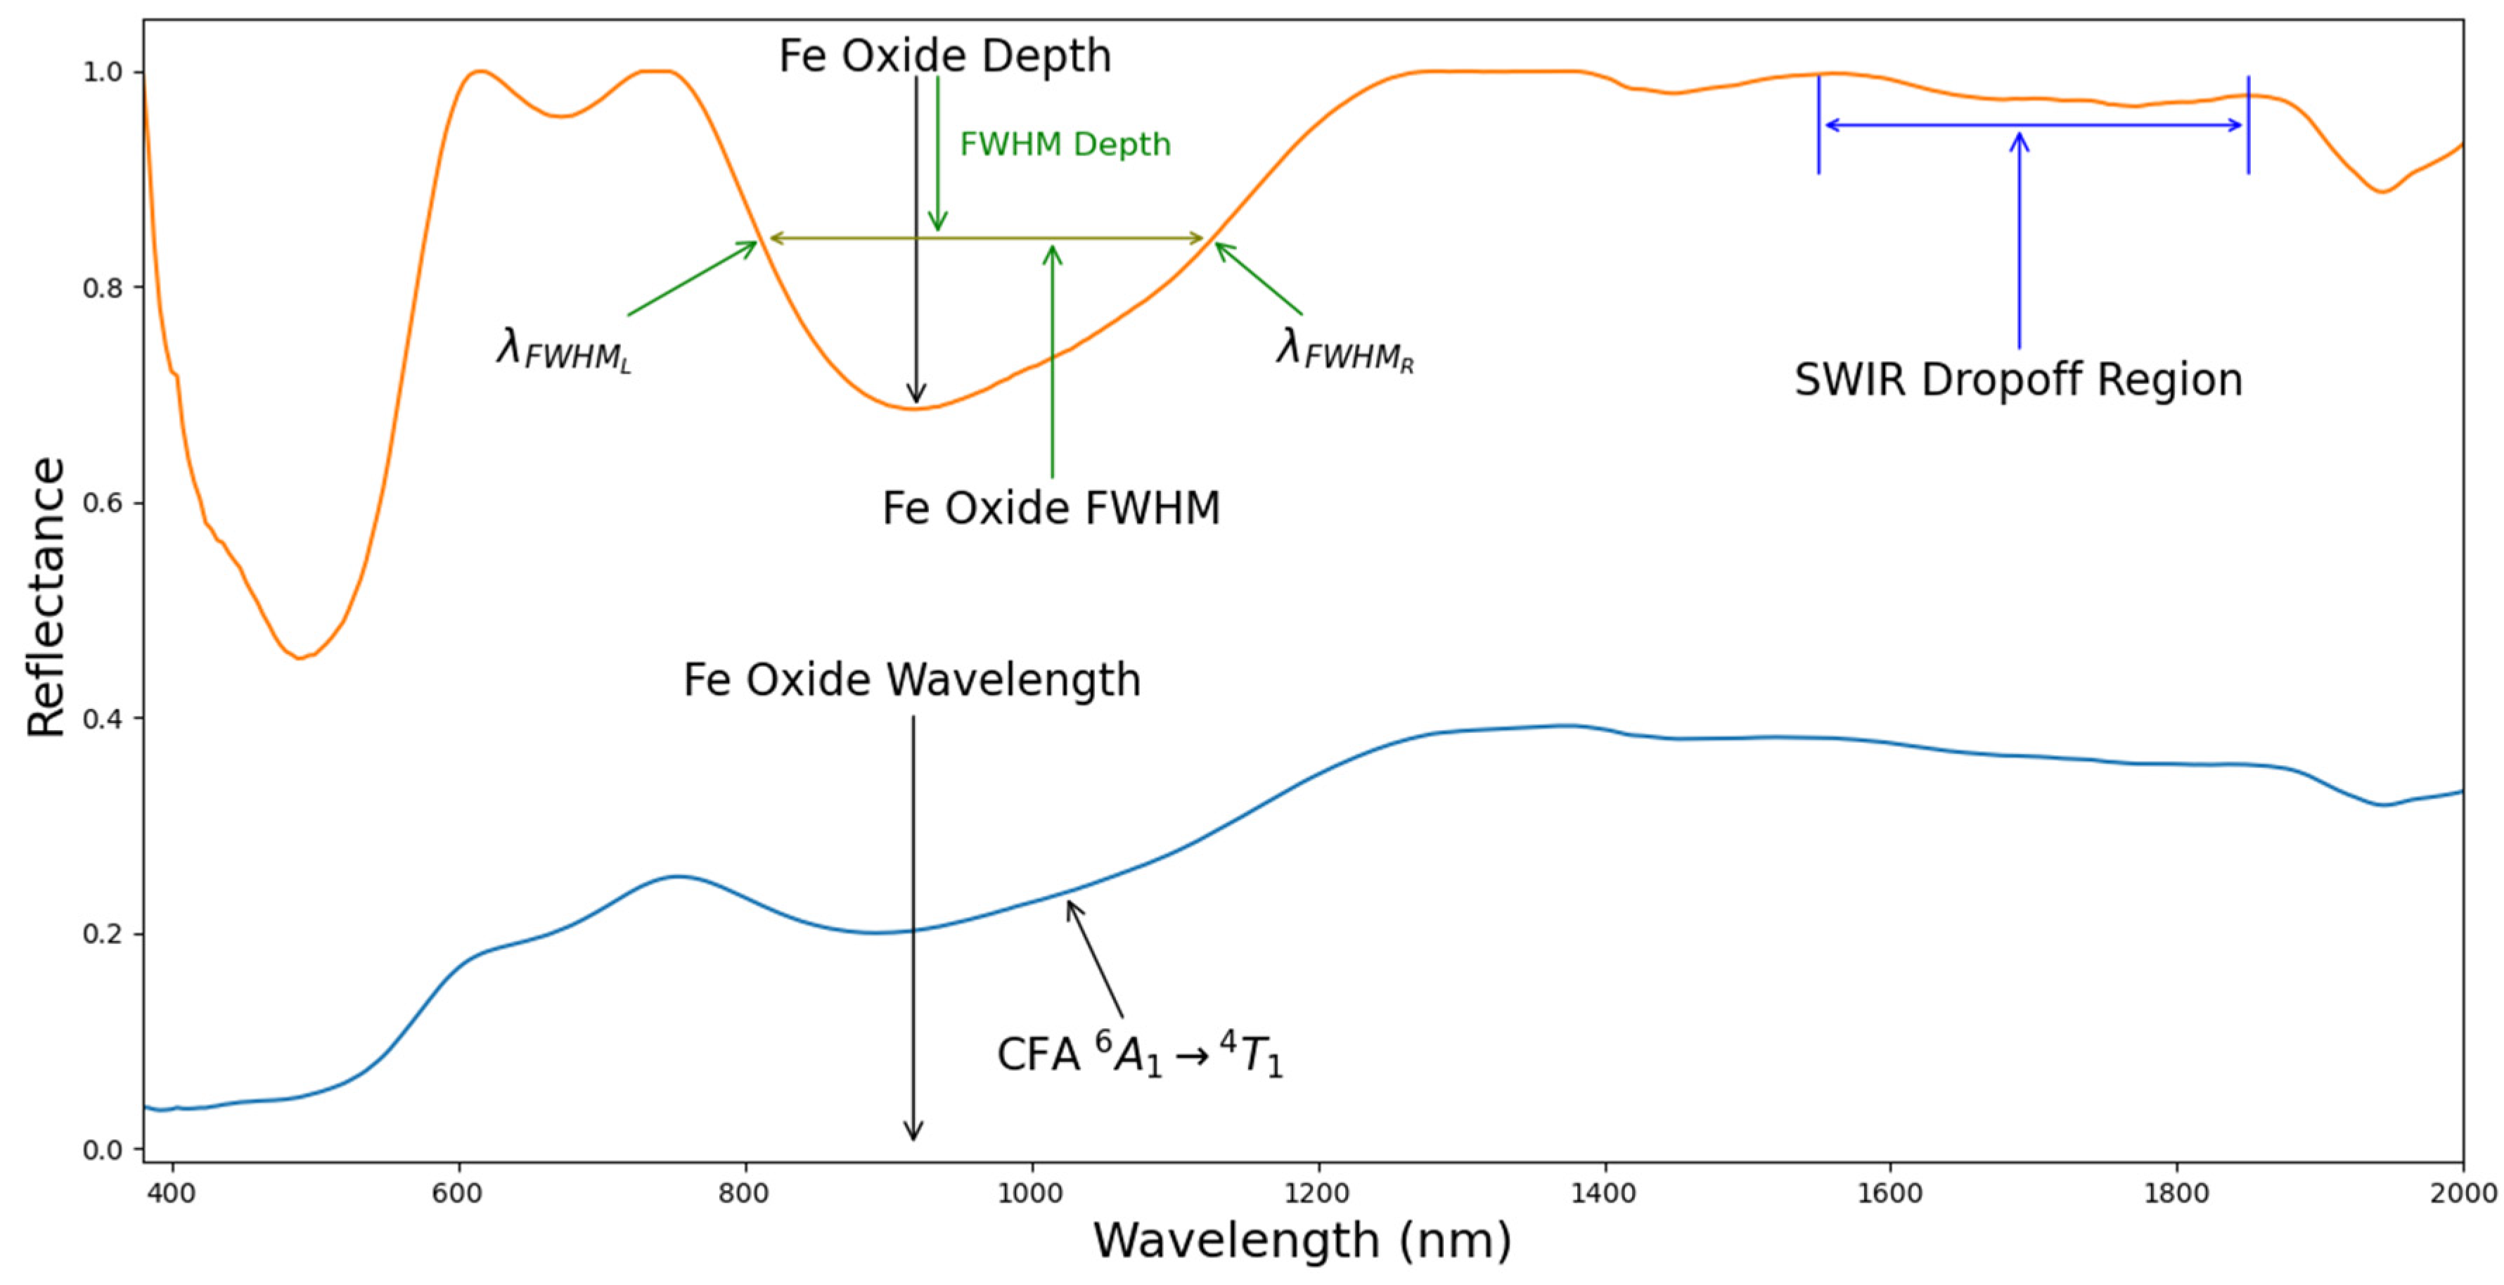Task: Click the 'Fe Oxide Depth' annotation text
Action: tap(944, 56)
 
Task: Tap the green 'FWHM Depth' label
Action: tap(1065, 144)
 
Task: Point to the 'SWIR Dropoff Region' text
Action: tap(2018, 379)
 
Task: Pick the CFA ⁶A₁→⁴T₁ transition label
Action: tap(1139, 1054)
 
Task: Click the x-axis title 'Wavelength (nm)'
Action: tap(1302, 1239)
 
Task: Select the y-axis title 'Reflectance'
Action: tap(46, 597)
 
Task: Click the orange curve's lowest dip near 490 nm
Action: tap(300, 658)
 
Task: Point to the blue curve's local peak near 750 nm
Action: tap(678, 877)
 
